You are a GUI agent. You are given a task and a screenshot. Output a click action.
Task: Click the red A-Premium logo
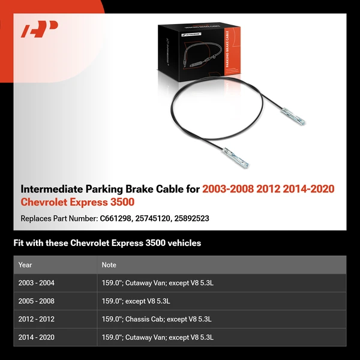coord(39,29)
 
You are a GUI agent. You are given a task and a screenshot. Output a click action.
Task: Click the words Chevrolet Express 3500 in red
coord(77,202)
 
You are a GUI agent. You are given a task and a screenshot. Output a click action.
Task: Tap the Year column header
coord(25,265)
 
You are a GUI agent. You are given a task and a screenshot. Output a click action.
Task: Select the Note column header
coord(109,265)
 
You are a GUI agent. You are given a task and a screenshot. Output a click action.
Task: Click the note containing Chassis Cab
coord(157,319)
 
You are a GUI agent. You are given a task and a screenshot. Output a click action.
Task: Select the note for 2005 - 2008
coord(136,301)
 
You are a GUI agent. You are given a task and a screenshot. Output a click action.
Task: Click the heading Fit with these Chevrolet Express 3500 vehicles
coord(107,243)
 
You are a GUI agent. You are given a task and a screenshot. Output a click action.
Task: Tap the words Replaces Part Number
coord(58,218)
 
